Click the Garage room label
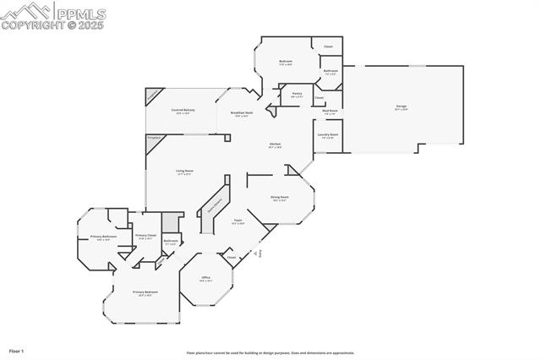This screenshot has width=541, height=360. tap(402, 107)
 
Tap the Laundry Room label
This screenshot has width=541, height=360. tap(328, 135)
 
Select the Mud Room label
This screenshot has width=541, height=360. tap(330, 111)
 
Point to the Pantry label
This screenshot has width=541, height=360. tap(297, 95)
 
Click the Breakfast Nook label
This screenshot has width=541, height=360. tap(241, 113)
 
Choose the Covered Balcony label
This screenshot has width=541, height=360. tap(183, 111)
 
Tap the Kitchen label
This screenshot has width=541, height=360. tap(275, 145)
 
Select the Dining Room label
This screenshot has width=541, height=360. tap(279, 199)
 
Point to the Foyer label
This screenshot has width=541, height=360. tap(238, 221)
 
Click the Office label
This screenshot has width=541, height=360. tap(205, 278)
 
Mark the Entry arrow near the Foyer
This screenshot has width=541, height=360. tap(261, 253)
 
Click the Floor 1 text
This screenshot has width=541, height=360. tap(17, 350)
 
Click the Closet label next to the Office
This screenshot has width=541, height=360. tap(231, 257)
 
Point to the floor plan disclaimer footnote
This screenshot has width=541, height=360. tap(270, 352)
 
